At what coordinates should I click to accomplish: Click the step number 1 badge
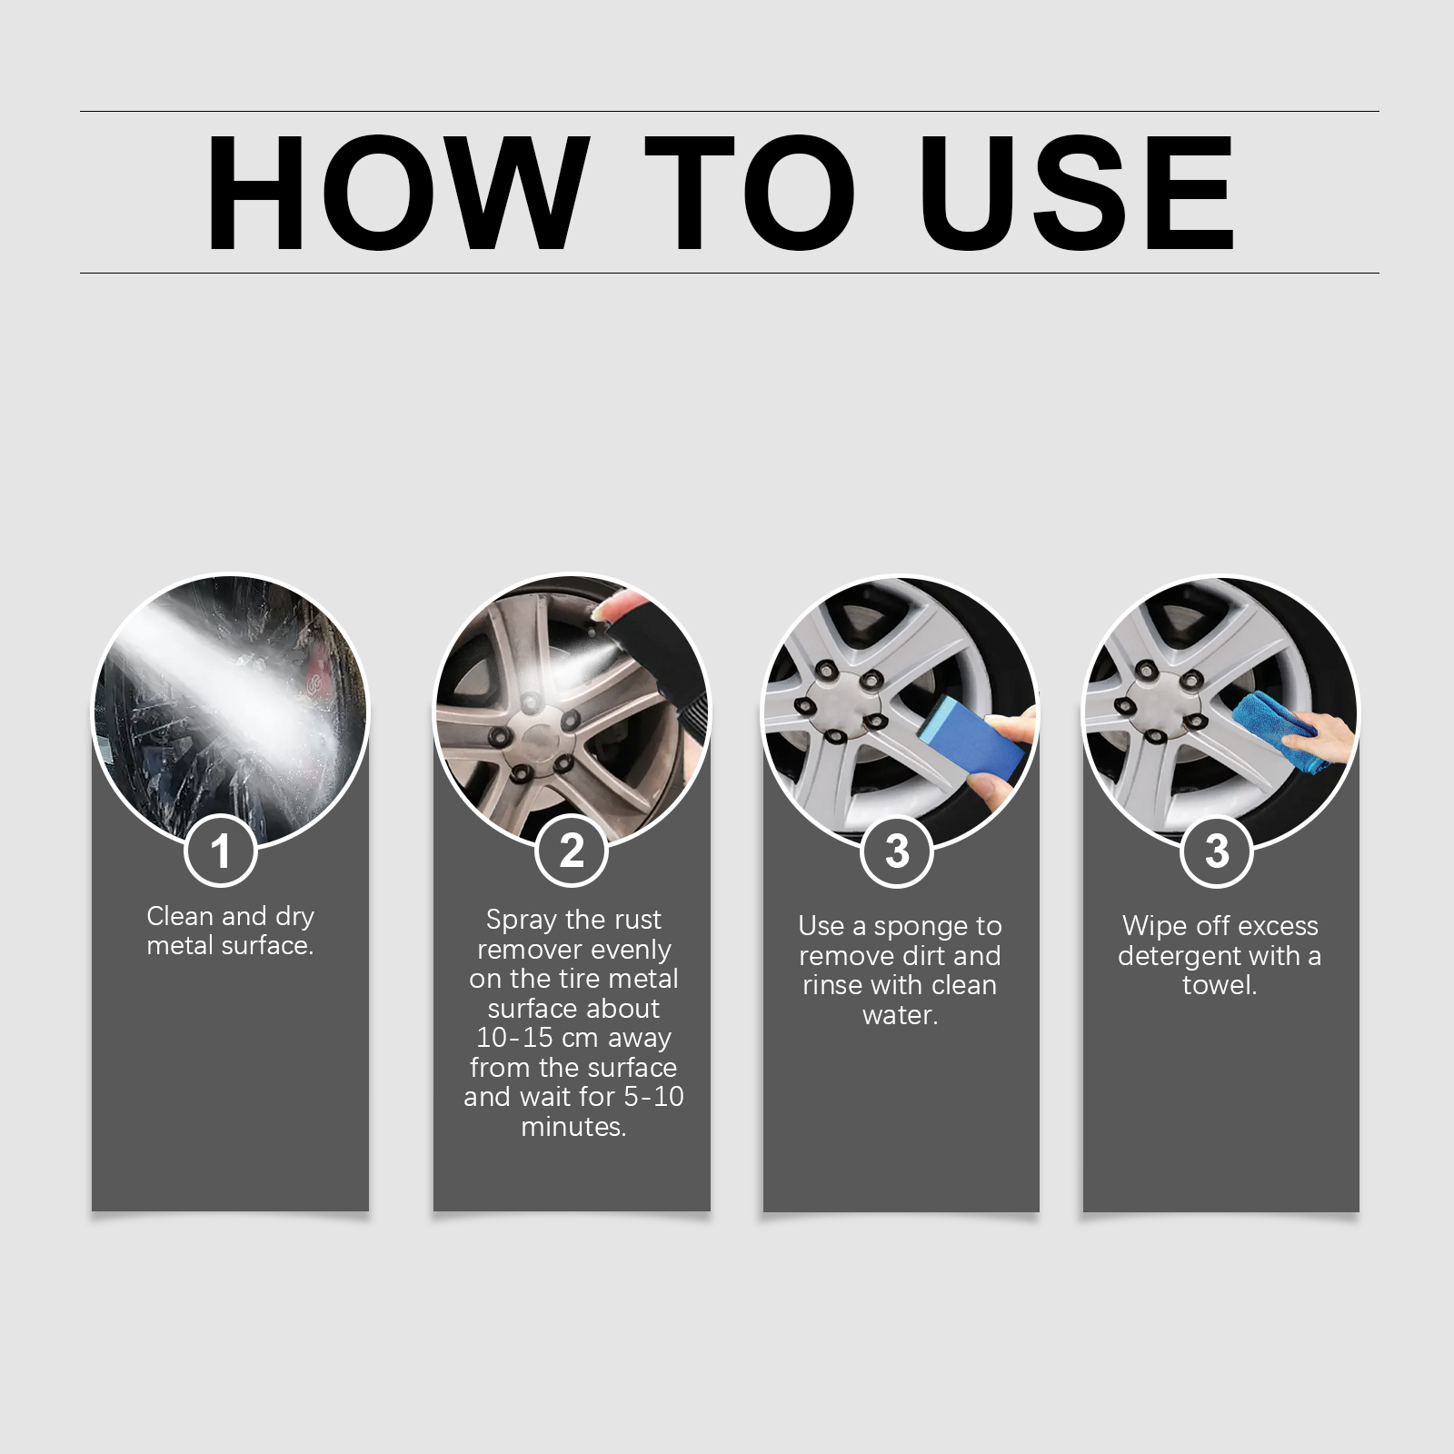(220, 851)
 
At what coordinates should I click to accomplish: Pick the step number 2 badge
(572, 851)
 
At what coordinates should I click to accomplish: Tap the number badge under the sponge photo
(897, 851)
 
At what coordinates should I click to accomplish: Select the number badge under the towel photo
(1217, 851)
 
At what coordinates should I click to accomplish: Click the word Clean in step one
(180, 916)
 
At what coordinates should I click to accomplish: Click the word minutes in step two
(573, 1127)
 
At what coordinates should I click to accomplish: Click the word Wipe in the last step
(1150, 926)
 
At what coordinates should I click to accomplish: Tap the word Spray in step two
(522, 921)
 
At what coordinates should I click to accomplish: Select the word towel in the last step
(1220, 985)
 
